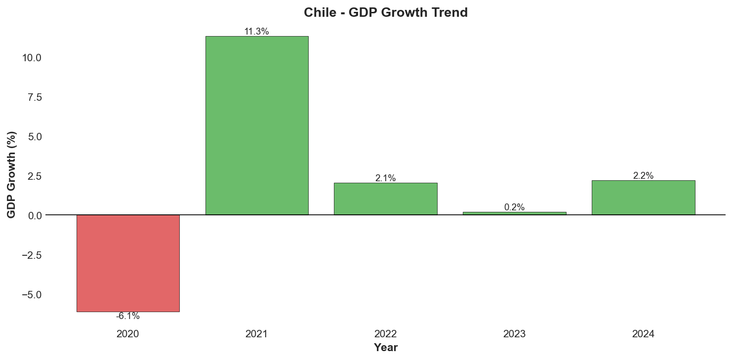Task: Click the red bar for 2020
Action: (128, 263)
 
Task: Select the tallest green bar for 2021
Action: (257, 125)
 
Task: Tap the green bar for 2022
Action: (385, 199)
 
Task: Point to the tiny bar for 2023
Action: (514, 213)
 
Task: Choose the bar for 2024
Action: (643, 198)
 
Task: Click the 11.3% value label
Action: (257, 32)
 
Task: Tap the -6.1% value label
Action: (128, 316)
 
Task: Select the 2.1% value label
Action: (385, 178)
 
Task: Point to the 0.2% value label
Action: (514, 207)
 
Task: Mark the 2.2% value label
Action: (643, 176)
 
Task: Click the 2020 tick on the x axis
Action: (128, 334)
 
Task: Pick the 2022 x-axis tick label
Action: (385, 334)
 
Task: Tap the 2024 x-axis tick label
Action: (643, 334)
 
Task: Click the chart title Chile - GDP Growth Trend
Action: (385, 13)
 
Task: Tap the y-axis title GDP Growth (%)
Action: (12, 174)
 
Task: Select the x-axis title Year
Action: (385, 348)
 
